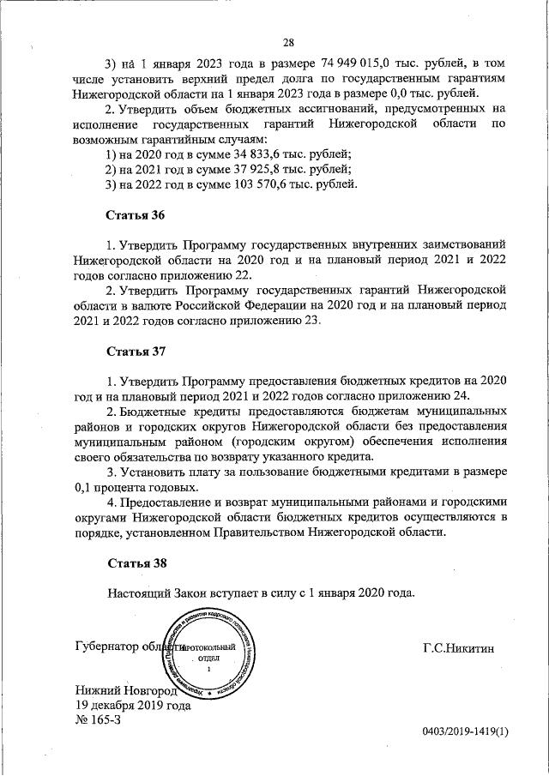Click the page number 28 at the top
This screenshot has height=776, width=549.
point(289,43)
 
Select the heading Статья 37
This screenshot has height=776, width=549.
point(136,352)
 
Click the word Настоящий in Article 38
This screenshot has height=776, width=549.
point(141,593)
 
